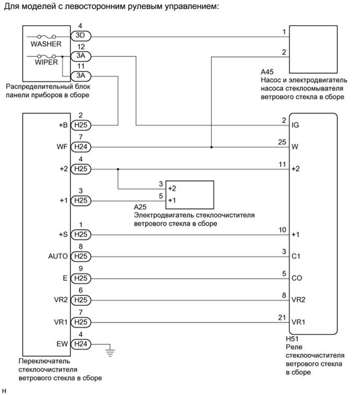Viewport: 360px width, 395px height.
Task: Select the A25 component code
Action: point(140,207)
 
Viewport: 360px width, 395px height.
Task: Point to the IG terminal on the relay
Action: point(296,126)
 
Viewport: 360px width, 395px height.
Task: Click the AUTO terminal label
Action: point(57,257)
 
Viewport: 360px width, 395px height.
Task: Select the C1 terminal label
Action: point(296,257)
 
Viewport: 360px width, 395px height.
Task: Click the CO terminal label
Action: point(297,279)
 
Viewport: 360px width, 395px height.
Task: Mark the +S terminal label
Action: point(62,235)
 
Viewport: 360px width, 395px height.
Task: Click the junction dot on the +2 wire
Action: point(118,169)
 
